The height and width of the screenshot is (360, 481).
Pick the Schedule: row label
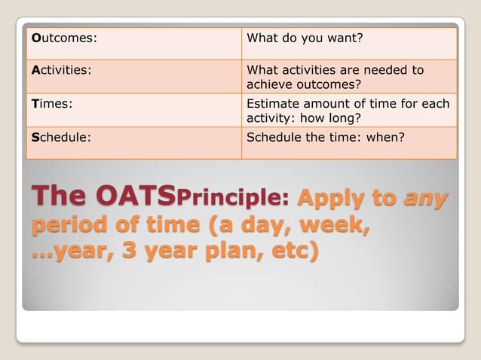[x=60, y=137]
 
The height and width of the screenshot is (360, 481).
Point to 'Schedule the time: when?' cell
[x=326, y=137]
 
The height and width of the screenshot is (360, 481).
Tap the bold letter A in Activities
[x=35, y=70]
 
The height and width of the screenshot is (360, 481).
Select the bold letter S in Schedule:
[x=35, y=137]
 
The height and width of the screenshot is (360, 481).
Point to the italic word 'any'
[x=425, y=199]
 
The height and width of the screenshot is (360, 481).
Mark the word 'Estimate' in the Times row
[x=273, y=104]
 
